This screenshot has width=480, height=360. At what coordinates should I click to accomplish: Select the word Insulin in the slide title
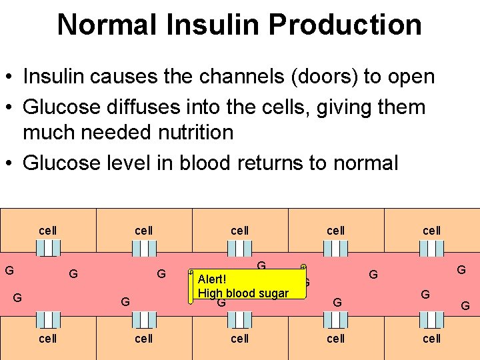207,25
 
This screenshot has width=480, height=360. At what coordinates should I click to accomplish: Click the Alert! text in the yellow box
212,279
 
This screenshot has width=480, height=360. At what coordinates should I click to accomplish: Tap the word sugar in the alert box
272,293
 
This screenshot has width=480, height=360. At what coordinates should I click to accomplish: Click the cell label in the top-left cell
47,231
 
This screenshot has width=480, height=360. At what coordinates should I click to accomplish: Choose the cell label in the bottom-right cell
431,339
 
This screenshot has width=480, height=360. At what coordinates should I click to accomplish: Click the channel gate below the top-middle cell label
239,249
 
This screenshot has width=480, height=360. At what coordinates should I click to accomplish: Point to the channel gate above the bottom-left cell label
48,320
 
